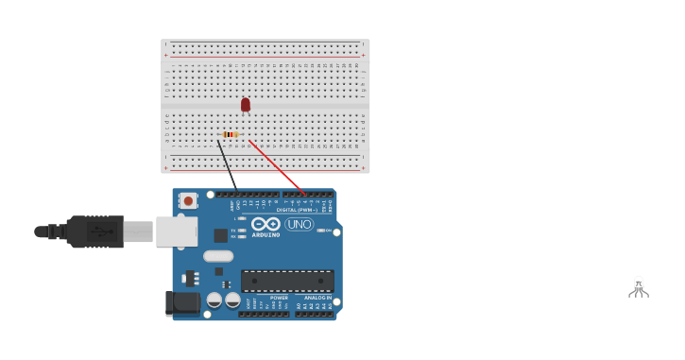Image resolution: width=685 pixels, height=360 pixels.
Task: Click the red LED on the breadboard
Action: click(x=246, y=104)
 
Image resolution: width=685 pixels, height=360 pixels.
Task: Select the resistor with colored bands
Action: click(x=230, y=134)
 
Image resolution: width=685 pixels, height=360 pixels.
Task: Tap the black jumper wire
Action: click(x=227, y=164)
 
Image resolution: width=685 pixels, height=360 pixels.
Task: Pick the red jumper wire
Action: click(x=276, y=167)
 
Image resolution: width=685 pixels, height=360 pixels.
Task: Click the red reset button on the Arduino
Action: click(x=188, y=200)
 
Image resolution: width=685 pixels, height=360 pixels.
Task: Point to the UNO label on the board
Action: click(x=299, y=224)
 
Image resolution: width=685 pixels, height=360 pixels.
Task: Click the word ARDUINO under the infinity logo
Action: click(x=265, y=234)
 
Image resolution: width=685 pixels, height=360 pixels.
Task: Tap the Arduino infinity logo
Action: click(x=265, y=224)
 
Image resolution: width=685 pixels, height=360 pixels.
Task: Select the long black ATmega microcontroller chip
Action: click(x=287, y=281)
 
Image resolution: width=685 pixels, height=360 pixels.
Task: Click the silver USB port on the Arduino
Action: click(x=176, y=231)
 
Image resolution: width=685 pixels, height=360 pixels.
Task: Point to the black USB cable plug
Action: click(x=94, y=231)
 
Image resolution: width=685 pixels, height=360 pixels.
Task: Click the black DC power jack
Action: click(x=181, y=303)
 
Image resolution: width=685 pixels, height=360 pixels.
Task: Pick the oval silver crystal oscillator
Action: click(x=218, y=255)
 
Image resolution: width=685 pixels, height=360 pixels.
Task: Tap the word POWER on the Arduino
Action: click(x=279, y=298)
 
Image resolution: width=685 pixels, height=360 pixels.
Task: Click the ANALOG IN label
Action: click(x=317, y=298)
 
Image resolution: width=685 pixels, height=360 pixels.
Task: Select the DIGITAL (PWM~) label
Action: click(x=297, y=210)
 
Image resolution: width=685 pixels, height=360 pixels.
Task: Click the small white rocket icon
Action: click(x=639, y=286)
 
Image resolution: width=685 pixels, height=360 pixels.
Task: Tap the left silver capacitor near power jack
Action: click(x=214, y=300)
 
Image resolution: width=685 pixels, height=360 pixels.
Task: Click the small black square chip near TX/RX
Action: click(x=220, y=235)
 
